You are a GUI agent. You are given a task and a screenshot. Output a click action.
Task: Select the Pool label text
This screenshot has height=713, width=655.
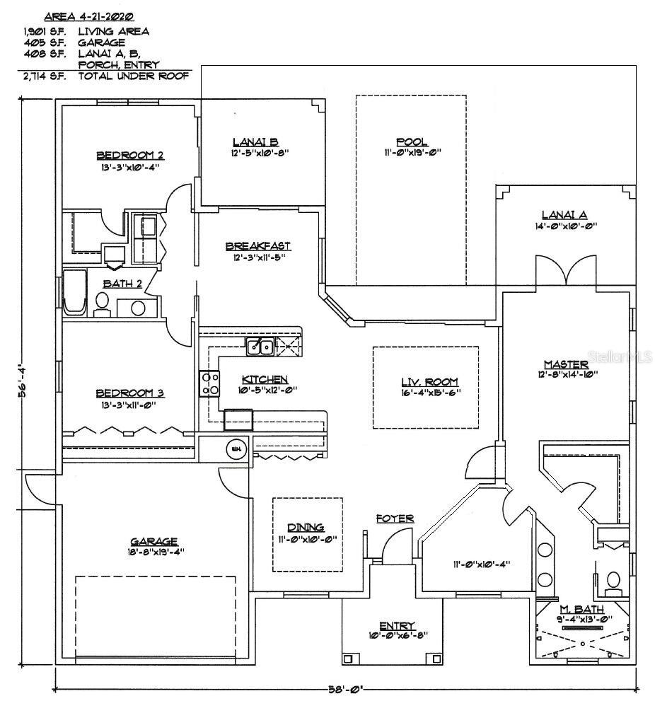[411, 141]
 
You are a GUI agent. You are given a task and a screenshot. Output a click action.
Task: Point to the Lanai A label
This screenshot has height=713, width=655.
[564, 215]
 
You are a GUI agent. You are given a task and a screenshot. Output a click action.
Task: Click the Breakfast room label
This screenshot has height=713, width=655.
[258, 245]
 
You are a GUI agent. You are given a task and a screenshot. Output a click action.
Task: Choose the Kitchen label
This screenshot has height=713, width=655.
[265, 379]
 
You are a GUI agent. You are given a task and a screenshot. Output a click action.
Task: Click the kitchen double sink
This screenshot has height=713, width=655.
[260, 347]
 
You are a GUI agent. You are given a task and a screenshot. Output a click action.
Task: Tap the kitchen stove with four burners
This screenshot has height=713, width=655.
[210, 383]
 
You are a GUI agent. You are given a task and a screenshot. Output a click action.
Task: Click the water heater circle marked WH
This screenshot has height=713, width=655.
[234, 448]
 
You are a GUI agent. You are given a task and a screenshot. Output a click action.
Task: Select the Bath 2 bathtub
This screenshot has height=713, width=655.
[74, 291]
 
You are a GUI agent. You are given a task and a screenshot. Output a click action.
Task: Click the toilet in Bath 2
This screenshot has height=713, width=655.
[102, 303]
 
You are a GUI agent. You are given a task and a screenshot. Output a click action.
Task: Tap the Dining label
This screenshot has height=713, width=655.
[306, 527]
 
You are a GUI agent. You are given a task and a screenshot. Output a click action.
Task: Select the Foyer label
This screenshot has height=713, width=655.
[395, 518]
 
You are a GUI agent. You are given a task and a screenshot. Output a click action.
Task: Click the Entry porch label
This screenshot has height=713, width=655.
[396, 625]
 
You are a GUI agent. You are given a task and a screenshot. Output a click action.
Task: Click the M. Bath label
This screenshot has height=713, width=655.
[575, 609]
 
